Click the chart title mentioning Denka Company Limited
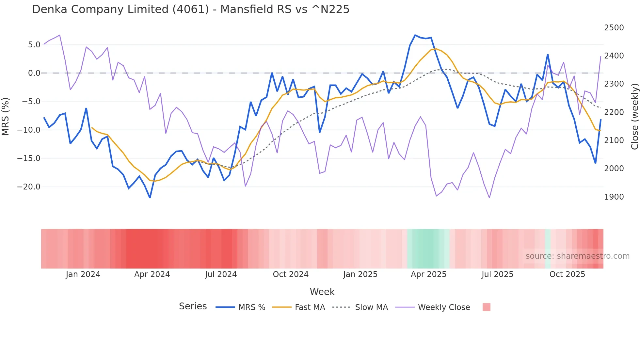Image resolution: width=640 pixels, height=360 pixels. pyautogui.click(x=191, y=9)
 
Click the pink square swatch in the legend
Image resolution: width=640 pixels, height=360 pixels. pyautogui.click(x=486, y=307)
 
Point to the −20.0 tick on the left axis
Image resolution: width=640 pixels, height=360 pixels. pyautogui.click(x=29, y=187)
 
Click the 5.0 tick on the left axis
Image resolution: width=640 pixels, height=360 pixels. pyautogui.click(x=34, y=44)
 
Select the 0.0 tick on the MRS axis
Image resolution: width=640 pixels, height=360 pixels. pyautogui.click(x=34, y=73)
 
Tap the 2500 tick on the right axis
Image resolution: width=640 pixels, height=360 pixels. pyautogui.click(x=614, y=28)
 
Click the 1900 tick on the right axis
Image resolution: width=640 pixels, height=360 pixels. pyautogui.click(x=614, y=197)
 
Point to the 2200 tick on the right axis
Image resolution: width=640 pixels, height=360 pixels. pyautogui.click(x=614, y=112)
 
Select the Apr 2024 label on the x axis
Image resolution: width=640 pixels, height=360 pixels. pyautogui.click(x=152, y=274)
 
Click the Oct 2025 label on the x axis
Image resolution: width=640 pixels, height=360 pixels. pyautogui.click(x=567, y=274)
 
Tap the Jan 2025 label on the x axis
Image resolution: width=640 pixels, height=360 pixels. pyautogui.click(x=360, y=274)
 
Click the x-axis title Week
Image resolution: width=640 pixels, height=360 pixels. pyautogui.click(x=322, y=292)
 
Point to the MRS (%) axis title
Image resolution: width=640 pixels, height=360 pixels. pyautogui.click(x=6, y=116)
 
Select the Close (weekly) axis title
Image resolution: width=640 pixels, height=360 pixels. pyautogui.click(x=634, y=116)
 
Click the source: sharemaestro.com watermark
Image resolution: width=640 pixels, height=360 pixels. pyautogui.click(x=577, y=256)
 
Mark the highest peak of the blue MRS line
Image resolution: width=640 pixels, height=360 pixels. pyautogui.click(x=415, y=35)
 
